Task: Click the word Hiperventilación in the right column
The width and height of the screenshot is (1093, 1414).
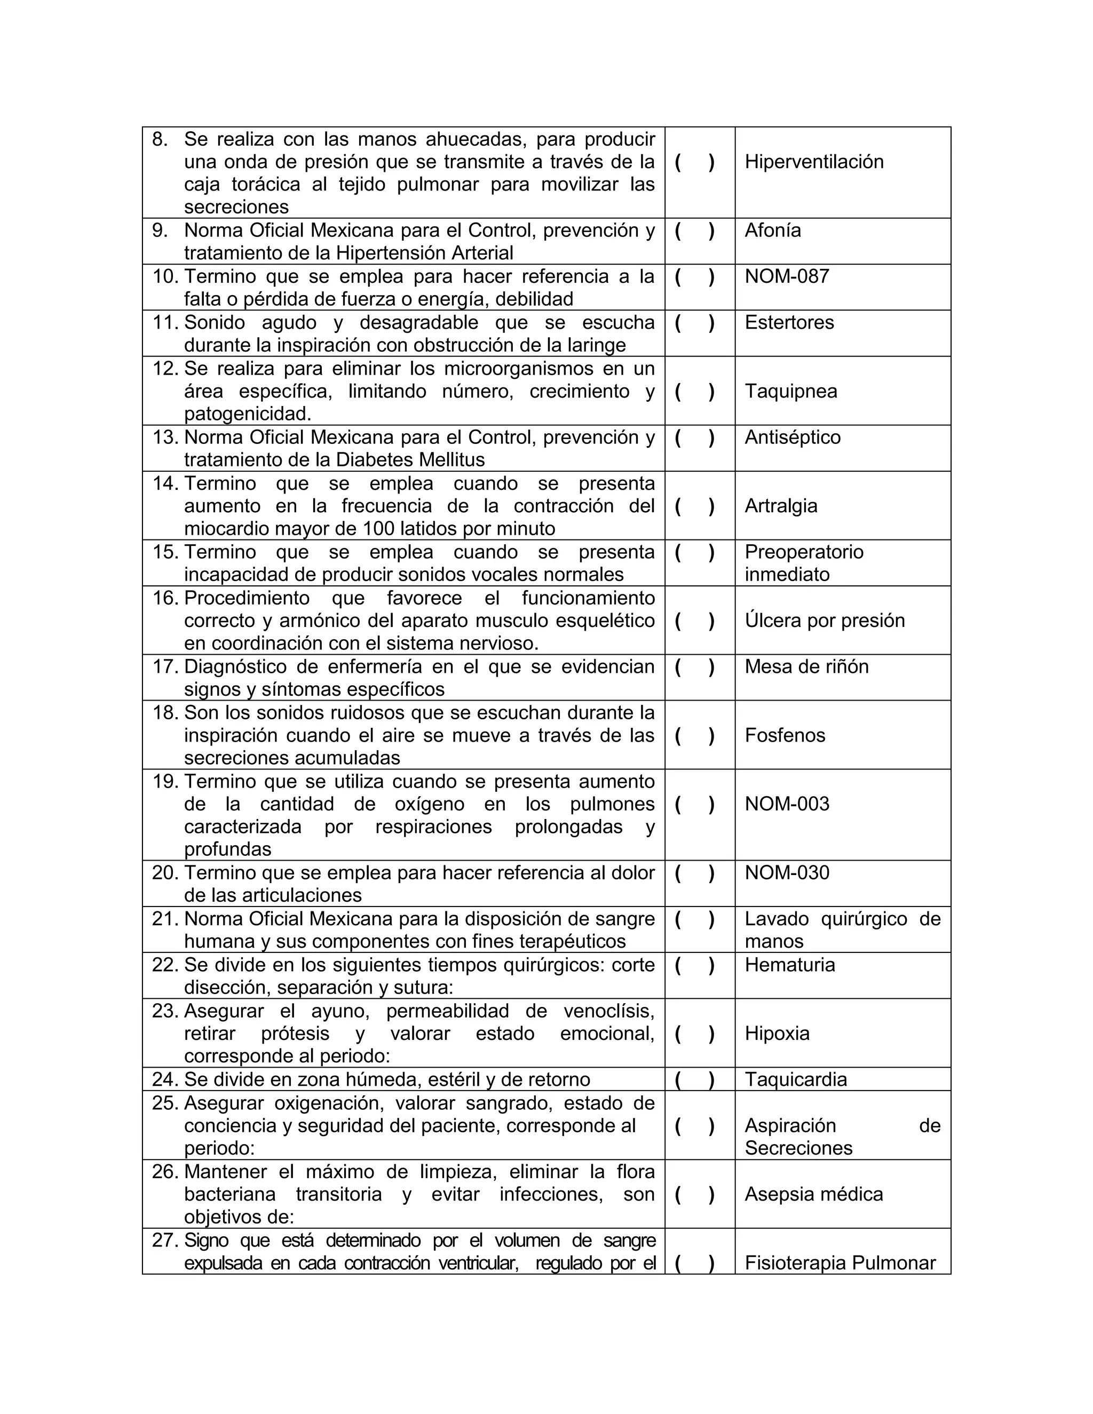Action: (x=814, y=161)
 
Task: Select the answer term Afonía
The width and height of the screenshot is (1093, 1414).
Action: (x=772, y=231)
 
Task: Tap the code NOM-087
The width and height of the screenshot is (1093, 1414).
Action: (x=787, y=276)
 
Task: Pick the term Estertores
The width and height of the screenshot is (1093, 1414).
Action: (x=789, y=322)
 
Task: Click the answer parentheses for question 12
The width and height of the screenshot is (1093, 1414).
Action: (x=694, y=391)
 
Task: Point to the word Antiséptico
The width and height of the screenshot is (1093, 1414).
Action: (x=793, y=437)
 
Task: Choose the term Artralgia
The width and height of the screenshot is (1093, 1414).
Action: (x=781, y=506)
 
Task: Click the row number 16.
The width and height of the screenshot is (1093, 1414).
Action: (x=165, y=598)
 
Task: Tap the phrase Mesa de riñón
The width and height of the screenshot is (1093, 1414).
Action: (x=806, y=666)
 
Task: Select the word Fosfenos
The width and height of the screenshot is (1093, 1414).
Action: (x=785, y=735)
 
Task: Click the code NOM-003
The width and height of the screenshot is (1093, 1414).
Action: (x=787, y=804)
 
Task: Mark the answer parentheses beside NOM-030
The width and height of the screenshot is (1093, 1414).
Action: (x=694, y=873)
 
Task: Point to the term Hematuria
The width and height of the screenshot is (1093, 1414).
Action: (x=789, y=965)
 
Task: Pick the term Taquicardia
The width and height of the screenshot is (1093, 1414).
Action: (x=796, y=1079)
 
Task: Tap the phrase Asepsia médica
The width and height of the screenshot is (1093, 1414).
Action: (x=813, y=1194)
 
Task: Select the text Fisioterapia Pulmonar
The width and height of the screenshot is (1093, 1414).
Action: (x=840, y=1262)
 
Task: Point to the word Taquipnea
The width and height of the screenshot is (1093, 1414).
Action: (x=790, y=391)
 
